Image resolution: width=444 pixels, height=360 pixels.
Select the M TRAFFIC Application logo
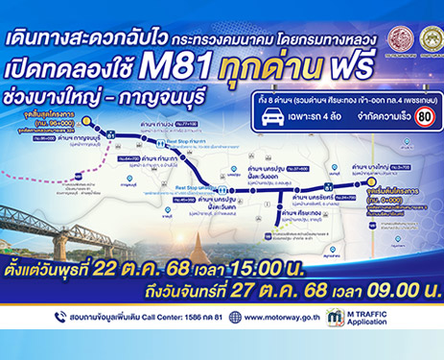point(361,317)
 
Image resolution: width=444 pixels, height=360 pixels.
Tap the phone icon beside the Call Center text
point(59,317)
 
